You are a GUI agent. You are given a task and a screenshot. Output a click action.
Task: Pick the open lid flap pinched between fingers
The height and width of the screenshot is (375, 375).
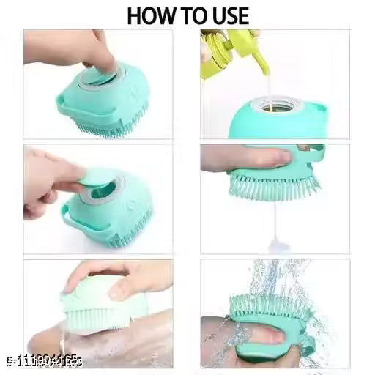(x=94, y=177)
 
